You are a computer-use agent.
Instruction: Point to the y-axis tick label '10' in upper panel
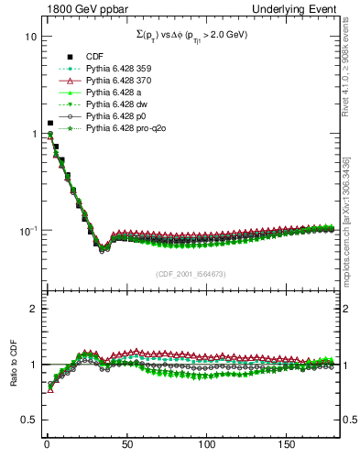click(30, 37)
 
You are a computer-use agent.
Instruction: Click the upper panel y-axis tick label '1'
click(33, 134)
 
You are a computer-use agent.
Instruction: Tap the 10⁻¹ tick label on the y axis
click(27, 230)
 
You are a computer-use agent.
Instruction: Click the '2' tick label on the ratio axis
click(32, 309)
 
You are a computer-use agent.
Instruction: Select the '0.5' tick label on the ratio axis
click(28, 420)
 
